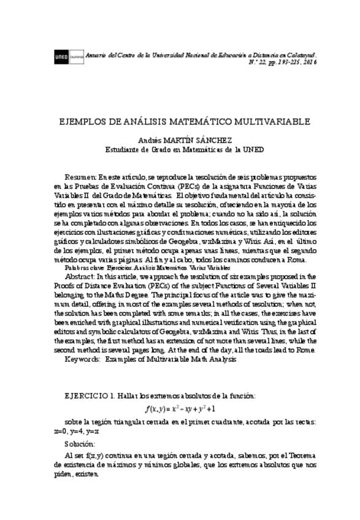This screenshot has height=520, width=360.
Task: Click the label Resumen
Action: [80, 176]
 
